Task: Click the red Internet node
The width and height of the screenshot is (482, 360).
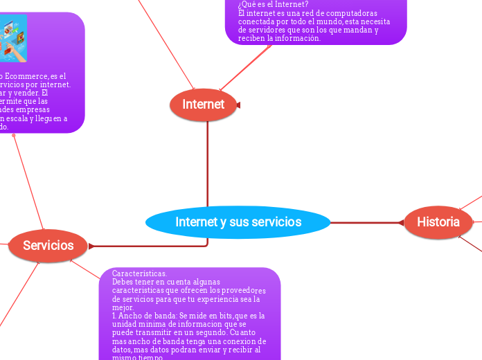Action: tap(203, 105)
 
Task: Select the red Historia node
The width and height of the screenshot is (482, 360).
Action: tap(438, 222)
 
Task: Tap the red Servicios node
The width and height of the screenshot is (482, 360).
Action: tap(48, 245)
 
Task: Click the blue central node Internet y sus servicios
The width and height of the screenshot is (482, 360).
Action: tap(238, 222)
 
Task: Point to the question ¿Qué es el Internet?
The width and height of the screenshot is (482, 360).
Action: tap(273, 4)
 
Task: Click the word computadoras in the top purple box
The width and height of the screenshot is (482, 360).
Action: tap(350, 13)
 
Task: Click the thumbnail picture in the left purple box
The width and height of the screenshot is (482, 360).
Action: tap(13, 38)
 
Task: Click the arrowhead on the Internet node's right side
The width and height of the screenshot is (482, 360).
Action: tap(238, 105)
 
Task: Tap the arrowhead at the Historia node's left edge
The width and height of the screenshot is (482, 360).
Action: tap(400, 222)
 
